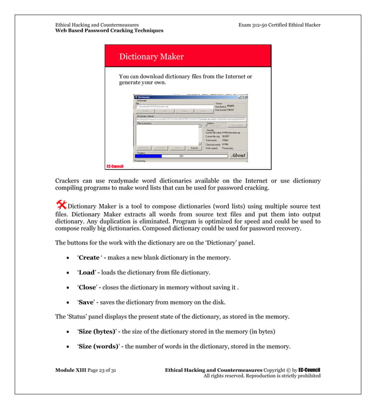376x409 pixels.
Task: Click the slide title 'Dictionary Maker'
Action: tap(151, 57)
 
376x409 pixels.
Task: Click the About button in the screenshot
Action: tap(238, 156)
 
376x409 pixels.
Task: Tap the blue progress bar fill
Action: tap(148, 156)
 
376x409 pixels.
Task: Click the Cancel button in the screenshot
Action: tap(194, 148)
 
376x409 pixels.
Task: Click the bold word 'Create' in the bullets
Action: tap(89, 258)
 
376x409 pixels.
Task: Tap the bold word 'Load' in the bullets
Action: tap(87, 272)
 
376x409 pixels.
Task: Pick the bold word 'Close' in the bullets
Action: tap(88, 287)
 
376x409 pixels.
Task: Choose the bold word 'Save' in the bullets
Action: tap(87, 302)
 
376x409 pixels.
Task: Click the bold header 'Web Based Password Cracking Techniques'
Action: tap(109, 31)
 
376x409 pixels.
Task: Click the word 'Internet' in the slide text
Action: tap(233, 76)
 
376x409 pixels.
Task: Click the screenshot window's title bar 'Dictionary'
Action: tap(144, 97)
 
